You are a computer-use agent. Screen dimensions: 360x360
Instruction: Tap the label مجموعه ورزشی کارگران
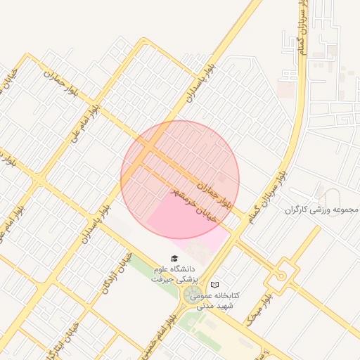pyautogui.click(x=323, y=210)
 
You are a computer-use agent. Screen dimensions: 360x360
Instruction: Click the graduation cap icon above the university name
pyautogui.click(x=174, y=259)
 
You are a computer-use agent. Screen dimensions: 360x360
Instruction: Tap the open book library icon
pyautogui.click(x=214, y=284)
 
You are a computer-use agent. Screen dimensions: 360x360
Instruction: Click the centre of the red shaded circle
pyautogui.click(x=180, y=179)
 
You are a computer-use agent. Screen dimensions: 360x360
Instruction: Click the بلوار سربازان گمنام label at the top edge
pyautogui.click(x=302, y=21)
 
